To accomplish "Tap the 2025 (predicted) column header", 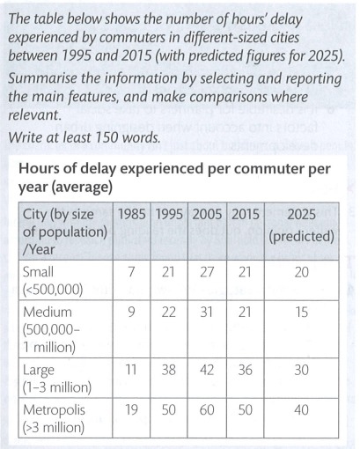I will pos(301,225).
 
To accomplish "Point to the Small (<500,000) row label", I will pos(51,281).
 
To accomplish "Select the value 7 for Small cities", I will pos(131,272).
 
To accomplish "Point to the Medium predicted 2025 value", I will pos(301,312).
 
